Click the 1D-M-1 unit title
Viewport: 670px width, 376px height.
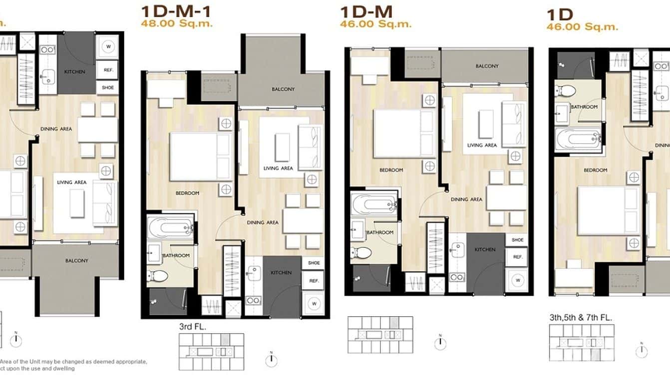(175, 10)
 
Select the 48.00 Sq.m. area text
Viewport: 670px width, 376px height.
(177, 23)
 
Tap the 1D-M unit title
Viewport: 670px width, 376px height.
(366, 10)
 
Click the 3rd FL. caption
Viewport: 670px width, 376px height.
(192, 327)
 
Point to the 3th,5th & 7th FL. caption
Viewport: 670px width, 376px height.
(581, 317)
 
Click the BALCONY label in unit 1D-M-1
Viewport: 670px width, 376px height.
(283, 89)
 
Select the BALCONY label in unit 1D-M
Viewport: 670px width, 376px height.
(487, 66)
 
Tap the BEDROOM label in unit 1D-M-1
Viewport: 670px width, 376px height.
(187, 193)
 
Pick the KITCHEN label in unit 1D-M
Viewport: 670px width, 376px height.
(485, 249)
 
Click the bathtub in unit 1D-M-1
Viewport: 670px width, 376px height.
(170, 228)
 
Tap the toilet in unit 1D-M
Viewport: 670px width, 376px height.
(361, 253)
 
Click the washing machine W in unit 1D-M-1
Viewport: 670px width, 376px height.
(314, 303)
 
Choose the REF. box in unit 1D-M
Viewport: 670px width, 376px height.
(517, 257)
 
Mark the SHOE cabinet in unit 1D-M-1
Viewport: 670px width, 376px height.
(314, 263)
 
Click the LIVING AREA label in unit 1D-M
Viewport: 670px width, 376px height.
(482, 145)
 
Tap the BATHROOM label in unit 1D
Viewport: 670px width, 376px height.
(585, 107)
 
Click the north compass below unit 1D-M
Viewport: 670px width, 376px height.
(439, 343)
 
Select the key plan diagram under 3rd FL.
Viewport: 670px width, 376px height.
(211, 351)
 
